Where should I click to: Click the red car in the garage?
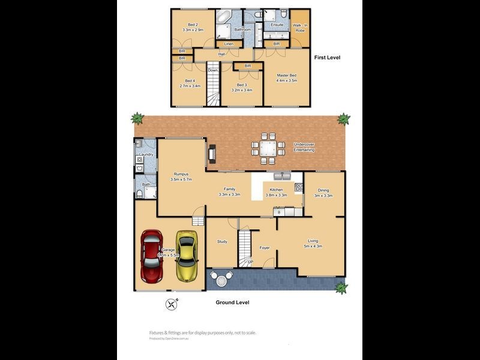(x=152, y=257)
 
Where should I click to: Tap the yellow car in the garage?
(x=187, y=259)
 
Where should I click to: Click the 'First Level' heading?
(x=328, y=57)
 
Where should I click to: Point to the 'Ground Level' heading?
(x=232, y=302)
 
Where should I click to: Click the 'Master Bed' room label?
(x=287, y=75)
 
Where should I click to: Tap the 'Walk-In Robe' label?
(x=299, y=28)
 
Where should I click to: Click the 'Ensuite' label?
(x=277, y=25)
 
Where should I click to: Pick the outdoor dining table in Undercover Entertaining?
(x=267, y=148)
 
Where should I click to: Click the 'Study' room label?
(x=222, y=241)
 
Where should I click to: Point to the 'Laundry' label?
(x=146, y=155)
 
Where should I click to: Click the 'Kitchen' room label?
(x=276, y=190)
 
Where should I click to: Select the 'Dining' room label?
(x=323, y=190)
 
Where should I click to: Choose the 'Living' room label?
(x=313, y=241)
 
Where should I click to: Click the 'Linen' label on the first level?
(x=229, y=44)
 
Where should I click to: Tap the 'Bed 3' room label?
(x=242, y=85)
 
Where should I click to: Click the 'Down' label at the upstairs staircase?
(x=213, y=70)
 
